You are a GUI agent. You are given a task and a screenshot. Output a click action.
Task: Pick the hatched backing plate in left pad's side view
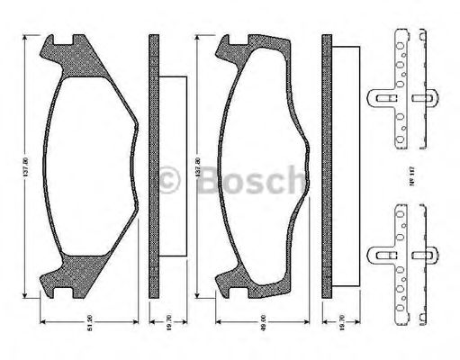click(x=153, y=167)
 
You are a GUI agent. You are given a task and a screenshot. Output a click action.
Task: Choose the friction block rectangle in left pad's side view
click(x=172, y=167)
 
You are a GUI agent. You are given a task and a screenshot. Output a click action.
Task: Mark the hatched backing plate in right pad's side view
click(x=328, y=167)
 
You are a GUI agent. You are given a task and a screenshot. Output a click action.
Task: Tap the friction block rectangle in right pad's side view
click(x=346, y=167)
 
